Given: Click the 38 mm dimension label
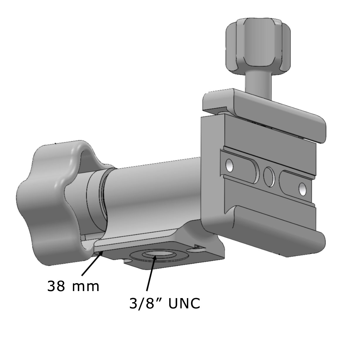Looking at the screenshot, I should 73,286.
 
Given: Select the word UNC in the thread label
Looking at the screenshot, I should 184,304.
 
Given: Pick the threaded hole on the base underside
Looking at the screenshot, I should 156,254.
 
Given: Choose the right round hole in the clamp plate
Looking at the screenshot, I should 302,189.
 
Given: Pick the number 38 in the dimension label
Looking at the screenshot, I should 56,286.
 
